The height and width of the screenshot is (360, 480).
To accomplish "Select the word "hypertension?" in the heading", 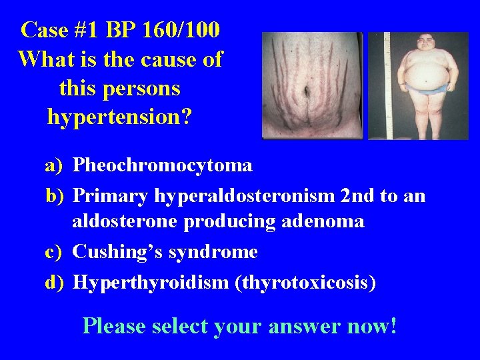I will [x=120, y=117].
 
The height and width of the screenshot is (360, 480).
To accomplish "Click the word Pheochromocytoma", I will [x=162, y=165].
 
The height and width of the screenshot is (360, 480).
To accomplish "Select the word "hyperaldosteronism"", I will [x=245, y=196].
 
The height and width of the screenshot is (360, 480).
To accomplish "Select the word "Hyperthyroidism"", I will [x=151, y=283].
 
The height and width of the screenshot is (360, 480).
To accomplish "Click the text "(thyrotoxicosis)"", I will [x=305, y=283].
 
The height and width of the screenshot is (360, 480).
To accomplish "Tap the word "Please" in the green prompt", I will [x=114, y=326].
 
